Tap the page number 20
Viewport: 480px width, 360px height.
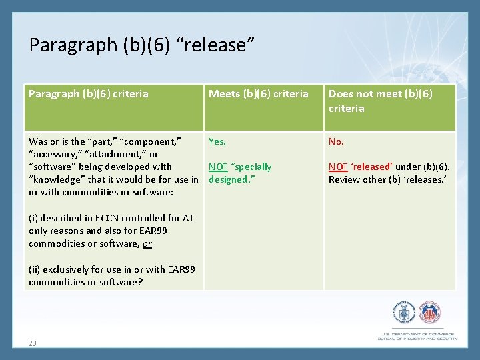pyautogui.click(x=32, y=343)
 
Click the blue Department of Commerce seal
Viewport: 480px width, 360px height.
pyautogui.click(x=404, y=313)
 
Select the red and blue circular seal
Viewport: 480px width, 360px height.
pyautogui.click(x=429, y=313)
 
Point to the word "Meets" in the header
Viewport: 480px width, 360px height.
pyautogui.click(x=222, y=94)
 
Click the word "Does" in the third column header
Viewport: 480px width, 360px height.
pyautogui.click(x=341, y=94)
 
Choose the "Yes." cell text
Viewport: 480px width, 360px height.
pyautogui.click(x=217, y=141)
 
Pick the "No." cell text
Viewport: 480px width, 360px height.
pyautogui.click(x=336, y=141)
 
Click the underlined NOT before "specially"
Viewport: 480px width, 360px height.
pyautogui.click(x=218, y=167)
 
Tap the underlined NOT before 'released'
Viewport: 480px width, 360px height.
pyautogui.click(x=338, y=167)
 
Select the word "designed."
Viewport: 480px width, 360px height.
pyautogui.click(x=227, y=179)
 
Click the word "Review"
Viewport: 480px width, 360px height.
pyautogui.click(x=344, y=179)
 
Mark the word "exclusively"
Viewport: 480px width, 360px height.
pyautogui.click(x=64, y=269)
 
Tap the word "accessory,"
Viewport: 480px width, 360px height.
pyautogui.click(x=54, y=154)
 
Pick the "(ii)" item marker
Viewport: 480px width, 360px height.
pyautogui.click(x=34, y=269)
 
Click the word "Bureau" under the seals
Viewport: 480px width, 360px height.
pyautogui.click(x=389, y=339)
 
